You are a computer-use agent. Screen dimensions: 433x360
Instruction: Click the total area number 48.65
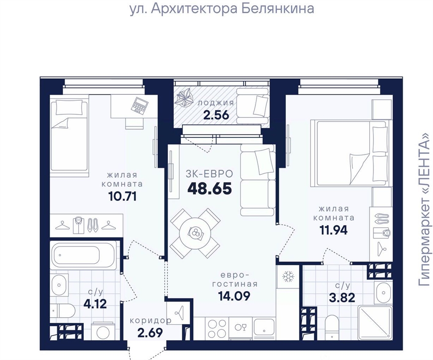tap(210, 189)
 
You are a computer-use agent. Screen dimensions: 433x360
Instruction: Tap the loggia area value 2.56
tap(216, 115)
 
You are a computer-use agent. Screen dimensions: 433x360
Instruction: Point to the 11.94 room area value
tap(334, 230)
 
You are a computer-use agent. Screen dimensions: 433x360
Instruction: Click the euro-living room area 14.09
tap(234, 296)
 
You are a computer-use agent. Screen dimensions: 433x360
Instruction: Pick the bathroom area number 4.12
tap(95, 304)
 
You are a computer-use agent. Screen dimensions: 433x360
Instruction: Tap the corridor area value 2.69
tap(150, 333)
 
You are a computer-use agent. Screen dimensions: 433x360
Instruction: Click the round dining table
tap(195, 233)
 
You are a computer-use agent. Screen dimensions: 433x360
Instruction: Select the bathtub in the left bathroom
tap(77, 255)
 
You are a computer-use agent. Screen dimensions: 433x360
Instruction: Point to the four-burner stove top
tap(216, 327)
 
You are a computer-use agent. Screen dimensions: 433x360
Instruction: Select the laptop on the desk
tap(140, 105)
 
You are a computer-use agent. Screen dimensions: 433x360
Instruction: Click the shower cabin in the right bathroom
tap(375, 322)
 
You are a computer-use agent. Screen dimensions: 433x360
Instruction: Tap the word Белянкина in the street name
tap(278, 8)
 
